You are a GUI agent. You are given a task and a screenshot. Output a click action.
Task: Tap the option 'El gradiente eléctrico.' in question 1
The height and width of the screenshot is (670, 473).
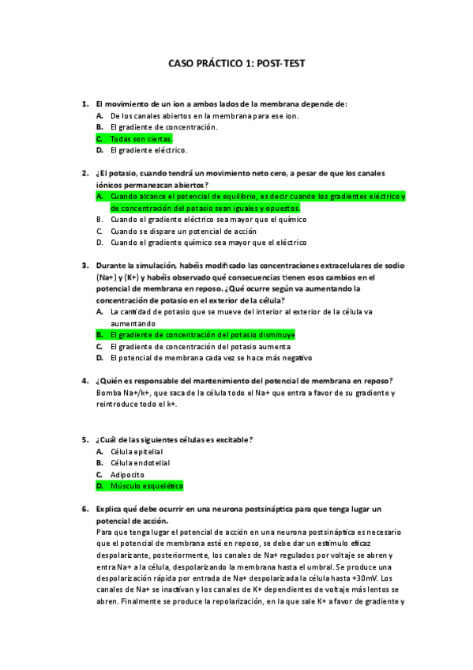click(148, 149)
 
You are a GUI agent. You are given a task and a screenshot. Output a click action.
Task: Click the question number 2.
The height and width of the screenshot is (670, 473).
click(84, 173)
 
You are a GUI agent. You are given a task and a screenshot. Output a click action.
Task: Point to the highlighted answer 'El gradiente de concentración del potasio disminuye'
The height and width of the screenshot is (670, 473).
click(202, 335)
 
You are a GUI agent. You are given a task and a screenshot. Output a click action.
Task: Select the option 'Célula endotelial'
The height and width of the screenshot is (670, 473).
click(140, 463)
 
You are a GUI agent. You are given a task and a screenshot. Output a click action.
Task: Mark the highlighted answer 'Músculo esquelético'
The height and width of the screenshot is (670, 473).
click(146, 486)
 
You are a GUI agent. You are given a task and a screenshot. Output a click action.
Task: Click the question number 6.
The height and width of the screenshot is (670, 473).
click(84, 510)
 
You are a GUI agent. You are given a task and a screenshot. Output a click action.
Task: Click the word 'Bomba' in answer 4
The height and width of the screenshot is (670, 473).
click(107, 393)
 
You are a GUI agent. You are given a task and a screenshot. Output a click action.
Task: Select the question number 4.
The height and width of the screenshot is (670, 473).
click(84, 381)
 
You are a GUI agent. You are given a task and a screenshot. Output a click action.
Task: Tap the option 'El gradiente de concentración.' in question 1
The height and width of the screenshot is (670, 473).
click(164, 126)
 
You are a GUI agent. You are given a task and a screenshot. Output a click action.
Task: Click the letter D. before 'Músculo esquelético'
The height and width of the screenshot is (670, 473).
click(100, 486)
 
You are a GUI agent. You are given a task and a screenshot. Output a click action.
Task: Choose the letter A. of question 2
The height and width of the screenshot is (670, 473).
click(100, 196)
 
